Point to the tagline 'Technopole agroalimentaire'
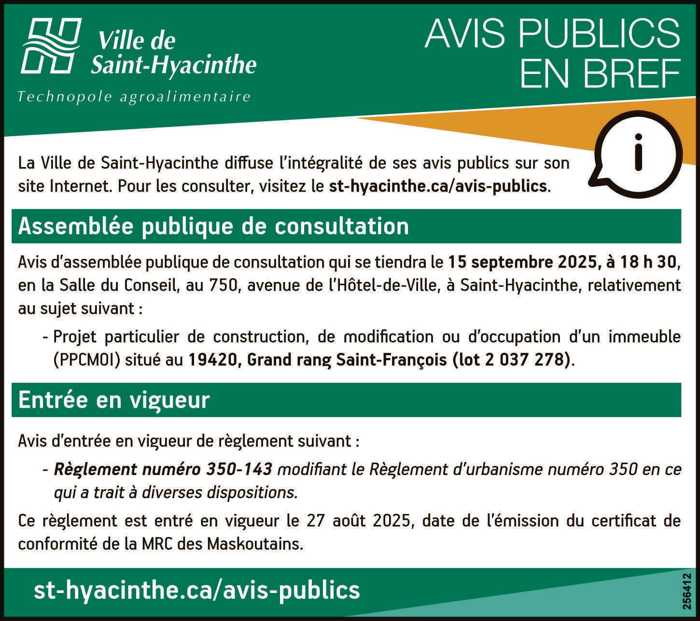click(x=134, y=97)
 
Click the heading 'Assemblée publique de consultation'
click(x=213, y=226)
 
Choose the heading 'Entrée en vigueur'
click(x=114, y=400)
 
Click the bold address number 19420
click(x=212, y=360)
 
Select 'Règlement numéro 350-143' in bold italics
click(x=163, y=469)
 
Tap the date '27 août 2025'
click(x=358, y=521)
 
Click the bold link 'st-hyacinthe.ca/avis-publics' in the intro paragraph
click(x=438, y=186)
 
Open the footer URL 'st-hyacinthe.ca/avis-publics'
click(x=197, y=590)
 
